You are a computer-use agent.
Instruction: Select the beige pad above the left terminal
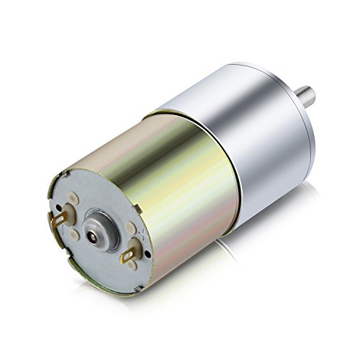click(x=73, y=198)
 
